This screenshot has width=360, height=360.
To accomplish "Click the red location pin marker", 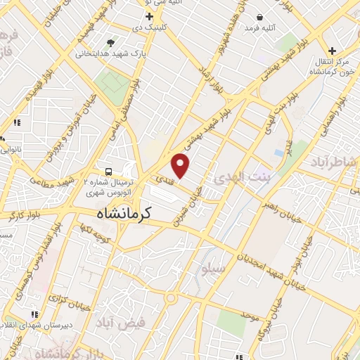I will [181, 165].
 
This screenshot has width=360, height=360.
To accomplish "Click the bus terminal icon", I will [108, 171].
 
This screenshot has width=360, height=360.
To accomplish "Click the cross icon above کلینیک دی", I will [149, 16].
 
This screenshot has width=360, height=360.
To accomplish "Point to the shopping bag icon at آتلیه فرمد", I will [259, 17].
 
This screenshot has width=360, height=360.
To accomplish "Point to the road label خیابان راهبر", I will [280, 210].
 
